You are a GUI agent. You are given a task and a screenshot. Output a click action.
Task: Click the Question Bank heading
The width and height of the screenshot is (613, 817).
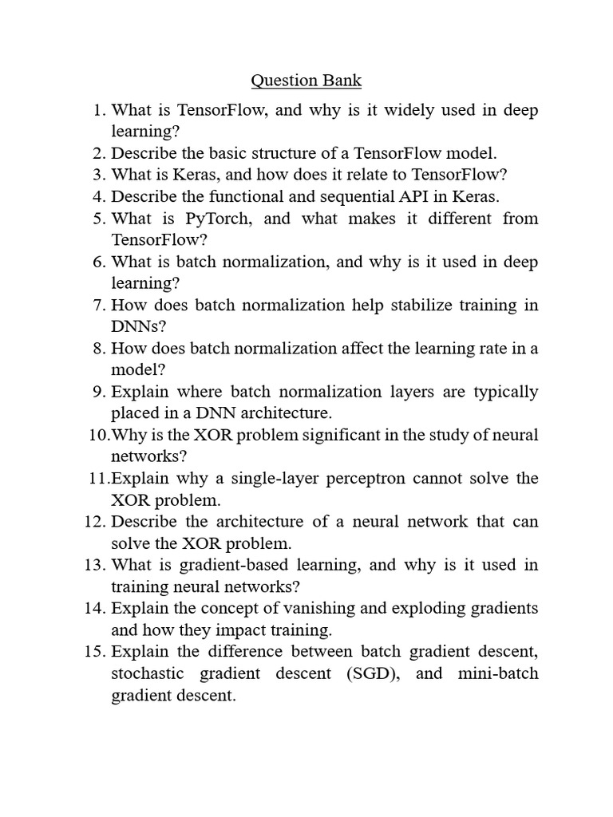pos(306,81)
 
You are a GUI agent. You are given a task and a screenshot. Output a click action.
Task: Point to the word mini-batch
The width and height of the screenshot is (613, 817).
pos(498,673)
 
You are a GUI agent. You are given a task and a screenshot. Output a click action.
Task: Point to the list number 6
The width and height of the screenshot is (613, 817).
pos(98,262)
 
